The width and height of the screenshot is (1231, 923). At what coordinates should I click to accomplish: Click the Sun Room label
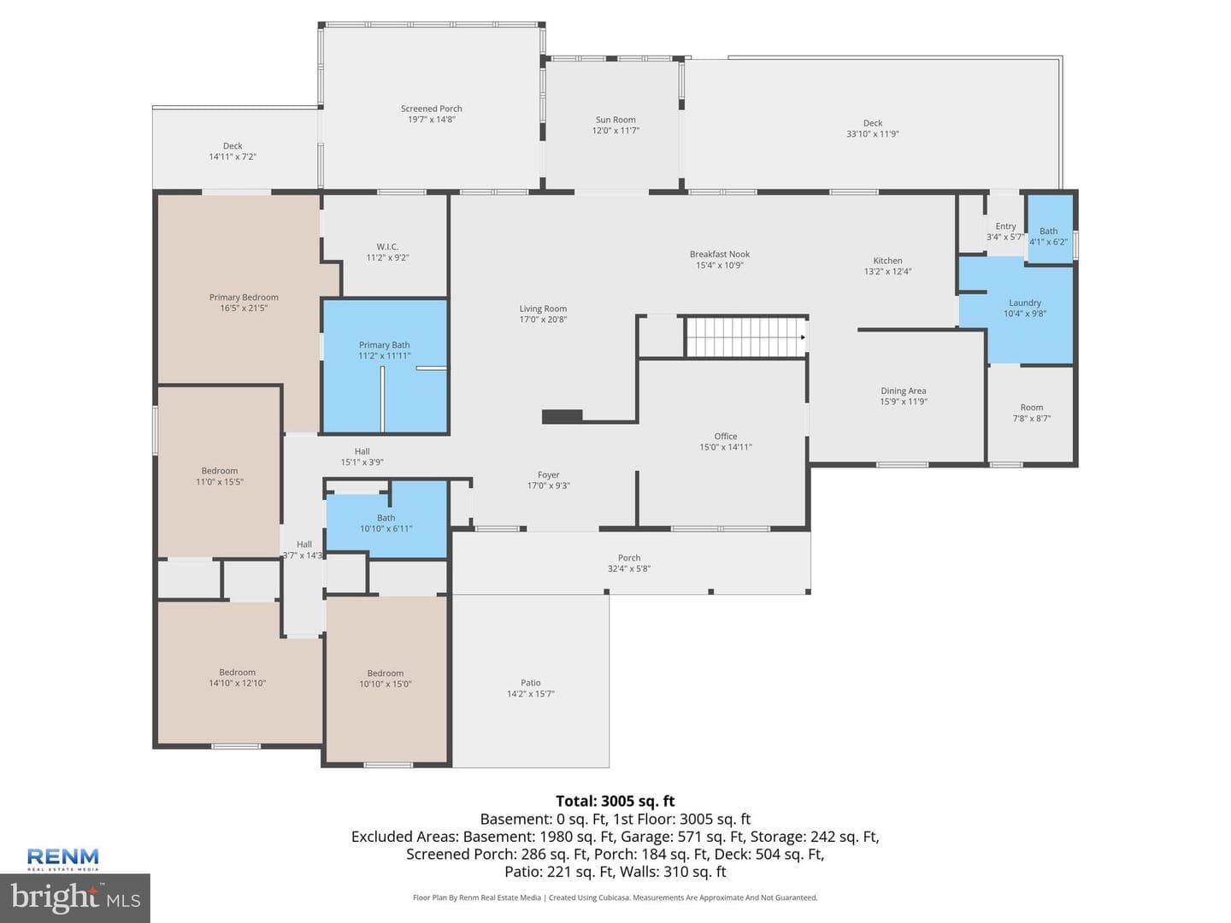tap(615, 120)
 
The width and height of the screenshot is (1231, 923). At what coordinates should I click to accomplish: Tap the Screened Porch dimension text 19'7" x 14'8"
tap(431, 120)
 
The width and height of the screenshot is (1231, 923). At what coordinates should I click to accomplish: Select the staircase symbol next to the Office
tap(746, 337)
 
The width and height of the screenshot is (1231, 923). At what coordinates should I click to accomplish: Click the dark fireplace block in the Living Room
tap(562, 416)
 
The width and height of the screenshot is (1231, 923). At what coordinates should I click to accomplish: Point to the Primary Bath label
tap(384, 344)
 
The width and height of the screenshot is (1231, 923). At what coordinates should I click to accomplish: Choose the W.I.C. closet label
tap(387, 247)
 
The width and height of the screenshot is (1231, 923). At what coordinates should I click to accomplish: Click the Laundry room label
tap(1025, 303)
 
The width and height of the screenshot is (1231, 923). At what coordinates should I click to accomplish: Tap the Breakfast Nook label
tap(720, 254)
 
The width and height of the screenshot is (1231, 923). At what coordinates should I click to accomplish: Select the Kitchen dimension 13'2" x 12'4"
tap(887, 271)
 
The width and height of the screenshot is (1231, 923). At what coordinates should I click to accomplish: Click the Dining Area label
tap(903, 391)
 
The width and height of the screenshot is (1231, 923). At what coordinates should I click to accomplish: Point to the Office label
tap(725, 436)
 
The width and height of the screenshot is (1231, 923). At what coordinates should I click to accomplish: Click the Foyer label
tap(548, 474)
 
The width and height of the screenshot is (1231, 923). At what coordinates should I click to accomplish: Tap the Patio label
tap(531, 683)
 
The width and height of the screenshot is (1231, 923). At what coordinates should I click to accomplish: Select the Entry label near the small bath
tap(1005, 226)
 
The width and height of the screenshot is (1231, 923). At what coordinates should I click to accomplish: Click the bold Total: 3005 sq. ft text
tap(615, 801)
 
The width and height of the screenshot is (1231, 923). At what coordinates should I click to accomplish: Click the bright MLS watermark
tap(75, 898)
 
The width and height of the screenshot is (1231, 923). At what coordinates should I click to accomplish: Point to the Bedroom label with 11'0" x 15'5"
tap(220, 471)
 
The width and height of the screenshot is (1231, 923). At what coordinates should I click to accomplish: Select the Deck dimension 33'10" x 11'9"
tap(872, 133)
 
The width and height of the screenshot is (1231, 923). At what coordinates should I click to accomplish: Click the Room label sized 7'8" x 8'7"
tap(1031, 408)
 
